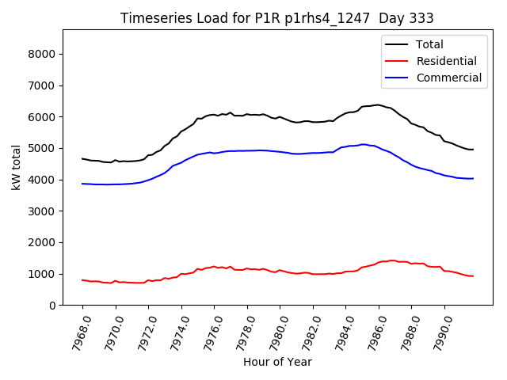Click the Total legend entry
(429, 44)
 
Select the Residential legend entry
(446, 61)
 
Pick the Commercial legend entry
(448, 78)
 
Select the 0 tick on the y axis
(55, 306)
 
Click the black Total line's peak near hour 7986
(378, 104)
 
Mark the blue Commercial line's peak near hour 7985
(363, 144)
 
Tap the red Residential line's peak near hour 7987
(392, 260)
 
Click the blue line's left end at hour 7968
(82, 184)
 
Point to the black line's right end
(473, 150)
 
